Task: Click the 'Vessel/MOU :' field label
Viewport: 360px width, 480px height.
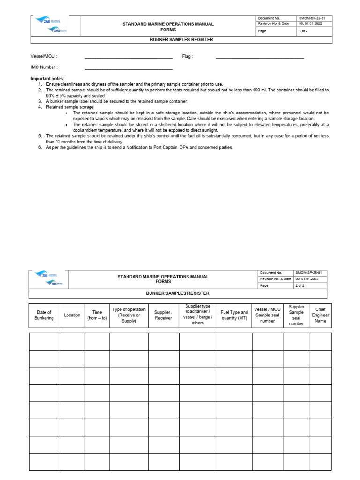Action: (44, 56)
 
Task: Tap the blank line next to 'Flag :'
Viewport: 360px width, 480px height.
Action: (259, 58)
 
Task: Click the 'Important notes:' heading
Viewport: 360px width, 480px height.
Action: (47, 78)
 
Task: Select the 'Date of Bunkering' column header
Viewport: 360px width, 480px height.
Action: (44, 315)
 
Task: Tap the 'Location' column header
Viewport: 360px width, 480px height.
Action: (72, 315)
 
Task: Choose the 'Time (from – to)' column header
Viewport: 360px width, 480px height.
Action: (97, 315)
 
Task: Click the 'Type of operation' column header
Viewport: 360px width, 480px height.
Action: (129, 315)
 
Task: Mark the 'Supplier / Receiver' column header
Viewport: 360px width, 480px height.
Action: (164, 315)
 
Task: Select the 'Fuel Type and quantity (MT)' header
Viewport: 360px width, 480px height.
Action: (234, 315)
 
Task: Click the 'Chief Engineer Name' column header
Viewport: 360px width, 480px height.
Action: (321, 315)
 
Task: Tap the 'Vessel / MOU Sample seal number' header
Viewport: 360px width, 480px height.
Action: (267, 315)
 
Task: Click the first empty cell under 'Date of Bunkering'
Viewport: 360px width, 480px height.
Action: (44, 342)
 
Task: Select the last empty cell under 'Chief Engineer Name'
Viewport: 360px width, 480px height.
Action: (321, 462)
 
